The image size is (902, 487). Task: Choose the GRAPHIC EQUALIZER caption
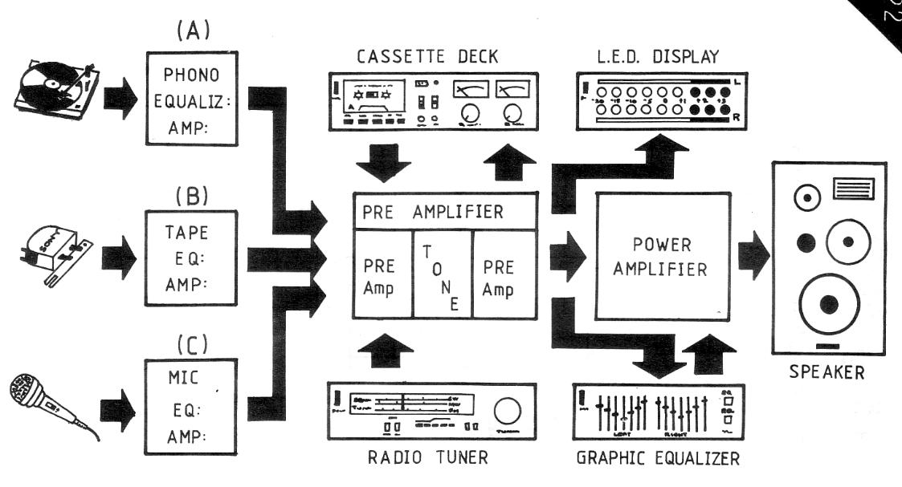point(659,459)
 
